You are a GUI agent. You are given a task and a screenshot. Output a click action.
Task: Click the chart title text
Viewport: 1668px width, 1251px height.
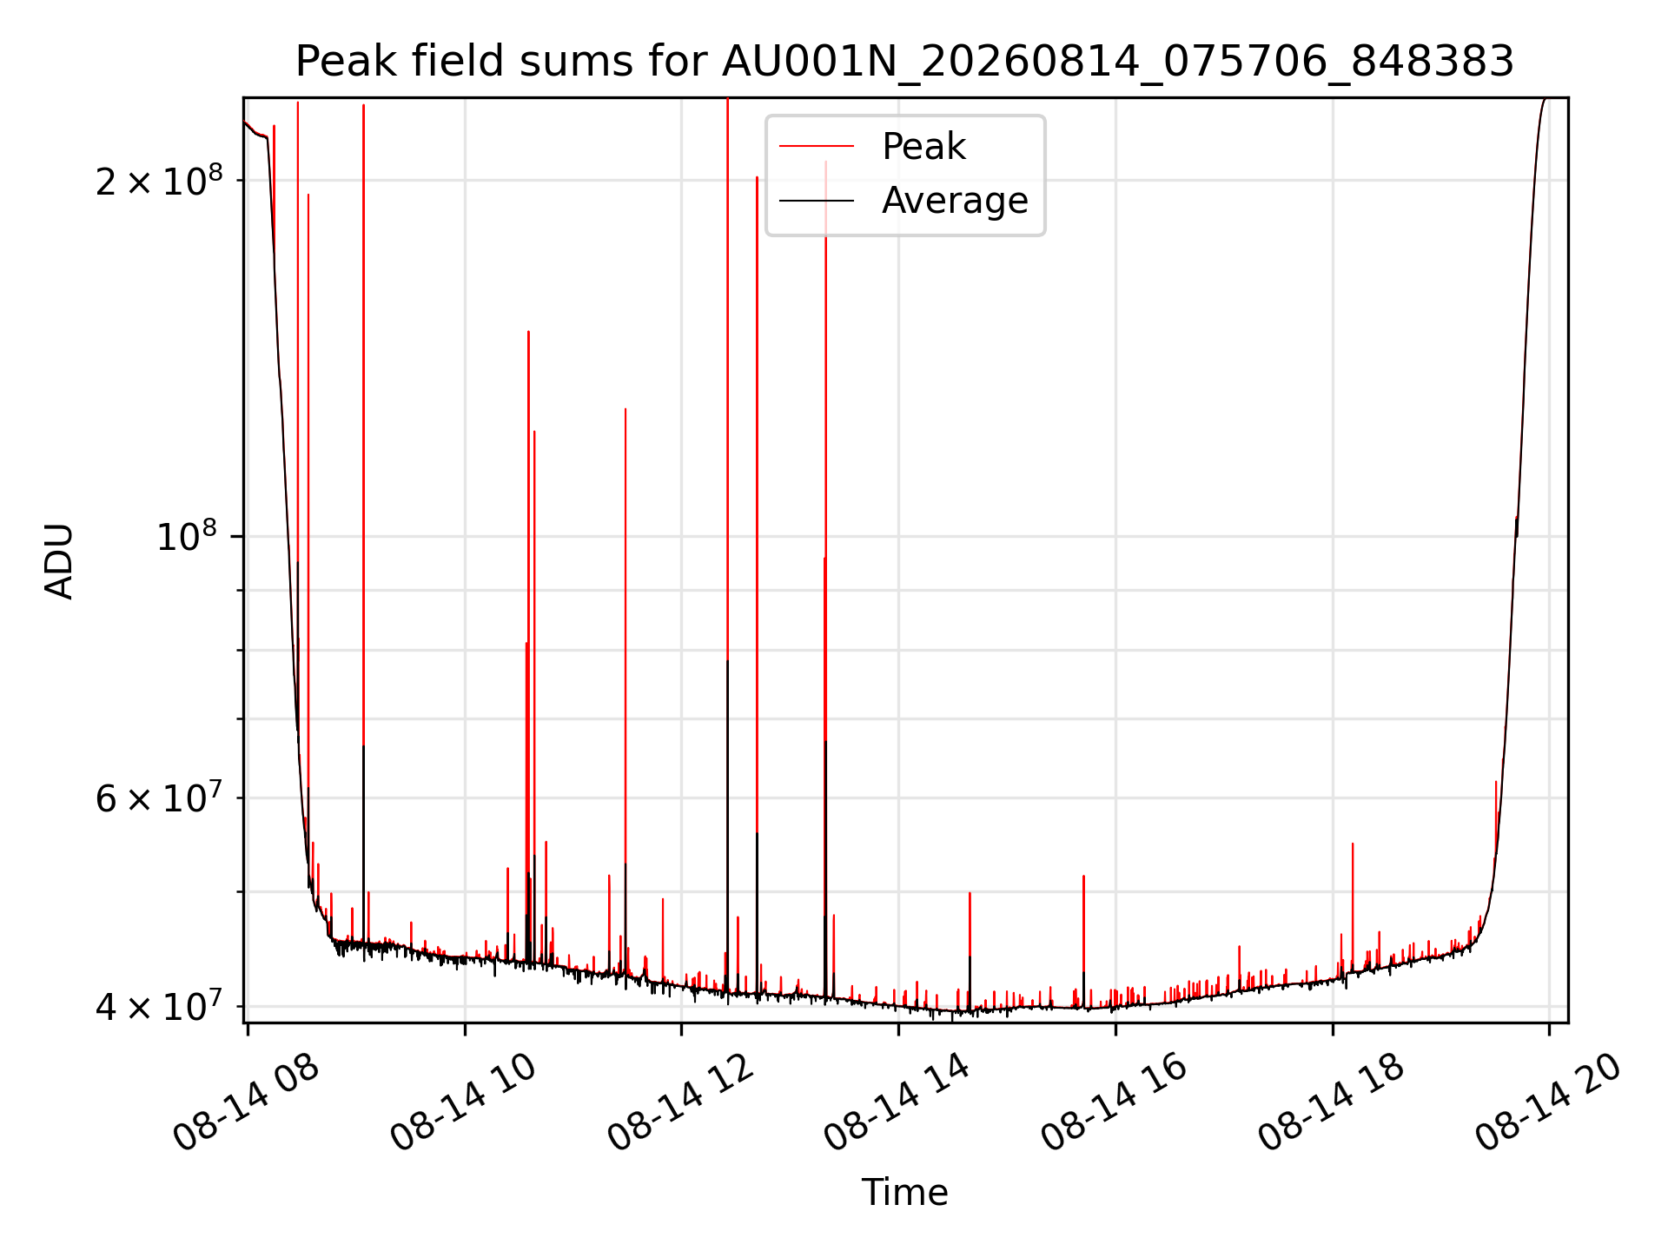click(x=904, y=62)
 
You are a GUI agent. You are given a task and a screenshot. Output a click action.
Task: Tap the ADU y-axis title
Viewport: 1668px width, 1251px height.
click(x=59, y=560)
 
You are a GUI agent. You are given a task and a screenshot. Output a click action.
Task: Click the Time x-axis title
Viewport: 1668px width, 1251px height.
click(x=904, y=1192)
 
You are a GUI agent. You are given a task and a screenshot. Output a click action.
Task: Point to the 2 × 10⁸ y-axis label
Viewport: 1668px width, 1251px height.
click(x=159, y=180)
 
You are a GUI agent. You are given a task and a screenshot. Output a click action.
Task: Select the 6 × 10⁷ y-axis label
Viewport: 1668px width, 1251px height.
click(x=159, y=798)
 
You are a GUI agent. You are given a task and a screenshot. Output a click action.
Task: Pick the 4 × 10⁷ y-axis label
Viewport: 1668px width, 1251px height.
click(x=159, y=1006)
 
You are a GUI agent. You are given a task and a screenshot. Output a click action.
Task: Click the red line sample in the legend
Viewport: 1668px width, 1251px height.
click(x=817, y=147)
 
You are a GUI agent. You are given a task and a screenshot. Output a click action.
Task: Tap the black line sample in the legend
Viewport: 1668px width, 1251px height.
click(x=817, y=201)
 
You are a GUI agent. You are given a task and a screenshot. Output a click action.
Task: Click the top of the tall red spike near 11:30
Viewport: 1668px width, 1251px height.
click(x=625, y=408)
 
